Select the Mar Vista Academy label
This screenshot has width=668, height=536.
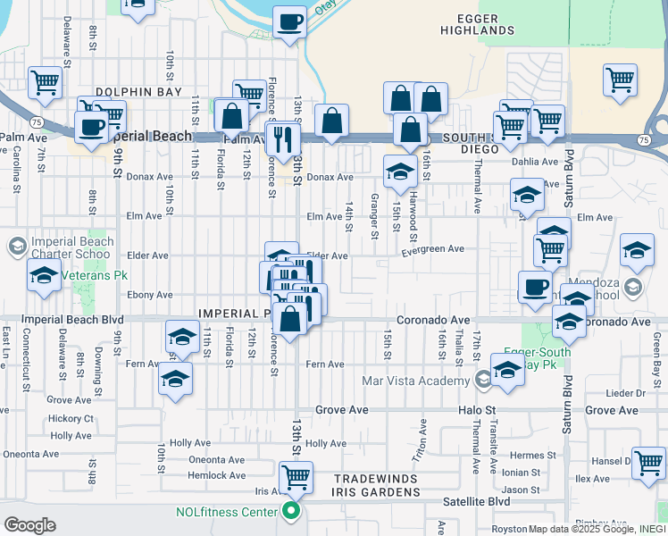pyautogui.click(x=415, y=381)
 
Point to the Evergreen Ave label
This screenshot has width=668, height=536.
pyautogui.click(x=433, y=249)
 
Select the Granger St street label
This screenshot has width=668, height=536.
pyautogui.click(x=373, y=217)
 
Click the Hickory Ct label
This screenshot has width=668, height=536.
pyautogui.click(x=71, y=418)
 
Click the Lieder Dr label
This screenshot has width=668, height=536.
pyautogui.click(x=625, y=393)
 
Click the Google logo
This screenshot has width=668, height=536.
pyautogui.click(x=29, y=525)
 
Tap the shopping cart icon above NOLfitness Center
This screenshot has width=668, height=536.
pyautogui.click(x=296, y=477)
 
